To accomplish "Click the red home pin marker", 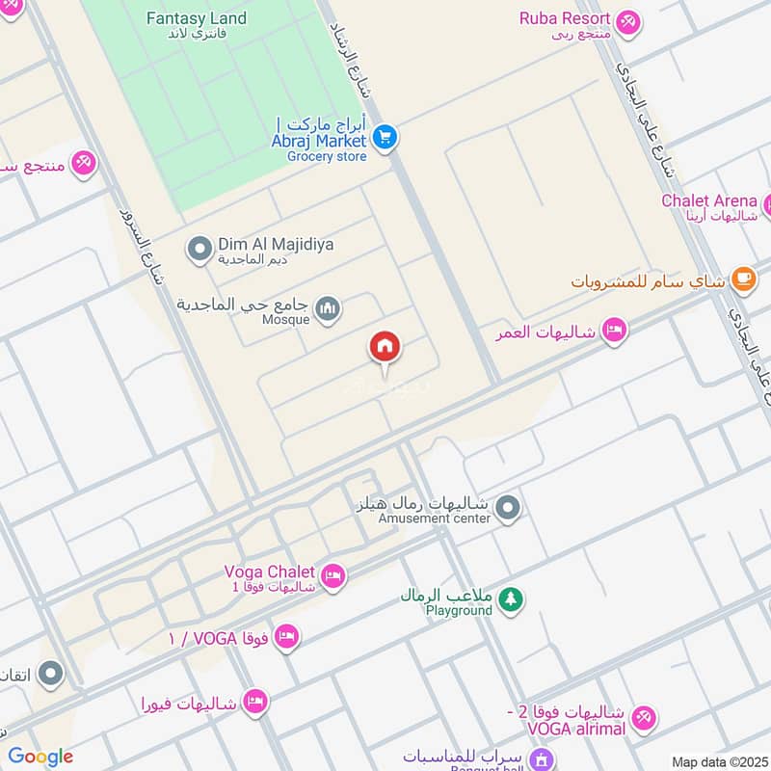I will [x=385, y=347].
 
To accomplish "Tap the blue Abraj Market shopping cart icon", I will [x=385, y=138].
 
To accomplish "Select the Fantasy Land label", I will [x=196, y=18].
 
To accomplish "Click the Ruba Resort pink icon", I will [x=628, y=21].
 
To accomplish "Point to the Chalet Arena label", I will [x=708, y=200].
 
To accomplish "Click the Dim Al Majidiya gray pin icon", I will [x=199, y=251].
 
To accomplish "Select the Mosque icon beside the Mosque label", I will [x=329, y=309].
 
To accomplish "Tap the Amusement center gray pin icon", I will [x=510, y=507].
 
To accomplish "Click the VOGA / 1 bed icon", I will [x=286, y=636].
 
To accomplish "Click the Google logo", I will [x=40, y=757].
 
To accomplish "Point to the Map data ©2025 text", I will [x=718, y=761].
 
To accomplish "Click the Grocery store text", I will [x=327, y=156].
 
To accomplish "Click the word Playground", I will [x=459, y=610].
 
